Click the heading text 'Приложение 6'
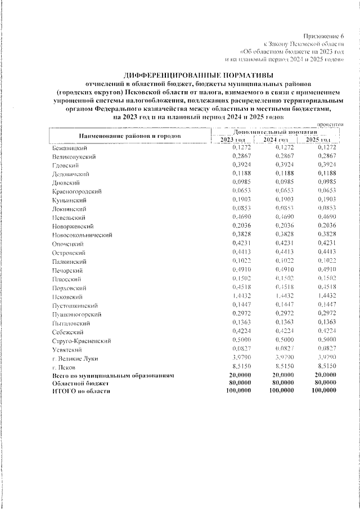324,35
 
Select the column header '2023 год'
232,139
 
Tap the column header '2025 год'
317,139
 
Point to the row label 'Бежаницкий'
68,147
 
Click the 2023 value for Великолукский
241,156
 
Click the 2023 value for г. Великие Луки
241,358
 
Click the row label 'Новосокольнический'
82,235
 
